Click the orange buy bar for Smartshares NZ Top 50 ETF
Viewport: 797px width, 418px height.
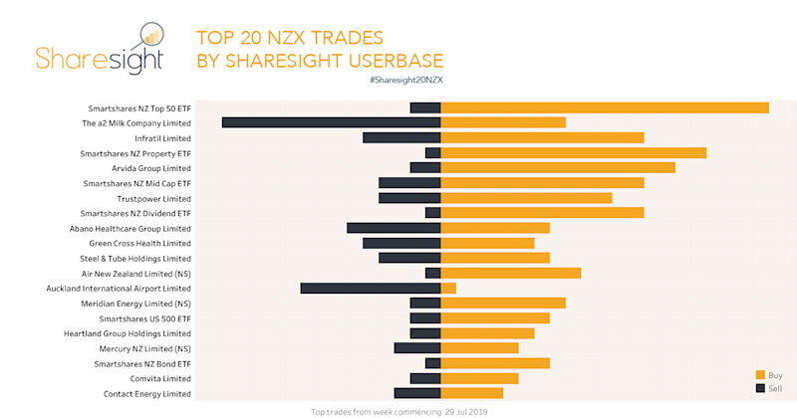click(605, 107)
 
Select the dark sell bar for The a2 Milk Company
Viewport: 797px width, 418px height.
click(331, 122)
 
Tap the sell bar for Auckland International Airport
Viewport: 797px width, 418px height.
click(371, 288)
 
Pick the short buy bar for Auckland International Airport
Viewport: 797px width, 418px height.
click(448, 288)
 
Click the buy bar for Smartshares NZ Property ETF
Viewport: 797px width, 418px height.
click(573, 152)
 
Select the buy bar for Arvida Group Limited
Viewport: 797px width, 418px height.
click(558, 167)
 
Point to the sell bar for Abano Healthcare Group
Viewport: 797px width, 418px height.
click(394, 228)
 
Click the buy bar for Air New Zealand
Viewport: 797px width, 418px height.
click(510, 273)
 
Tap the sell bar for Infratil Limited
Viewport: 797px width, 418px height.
click(401, 137)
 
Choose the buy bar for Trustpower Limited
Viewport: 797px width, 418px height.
click(526, 198)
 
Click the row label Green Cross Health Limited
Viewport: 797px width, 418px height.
click(139, 243)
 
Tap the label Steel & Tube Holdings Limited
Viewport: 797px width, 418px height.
click(134, 259)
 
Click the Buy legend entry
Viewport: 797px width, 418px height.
click(774, 374)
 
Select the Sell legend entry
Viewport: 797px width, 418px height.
click(774, 388)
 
